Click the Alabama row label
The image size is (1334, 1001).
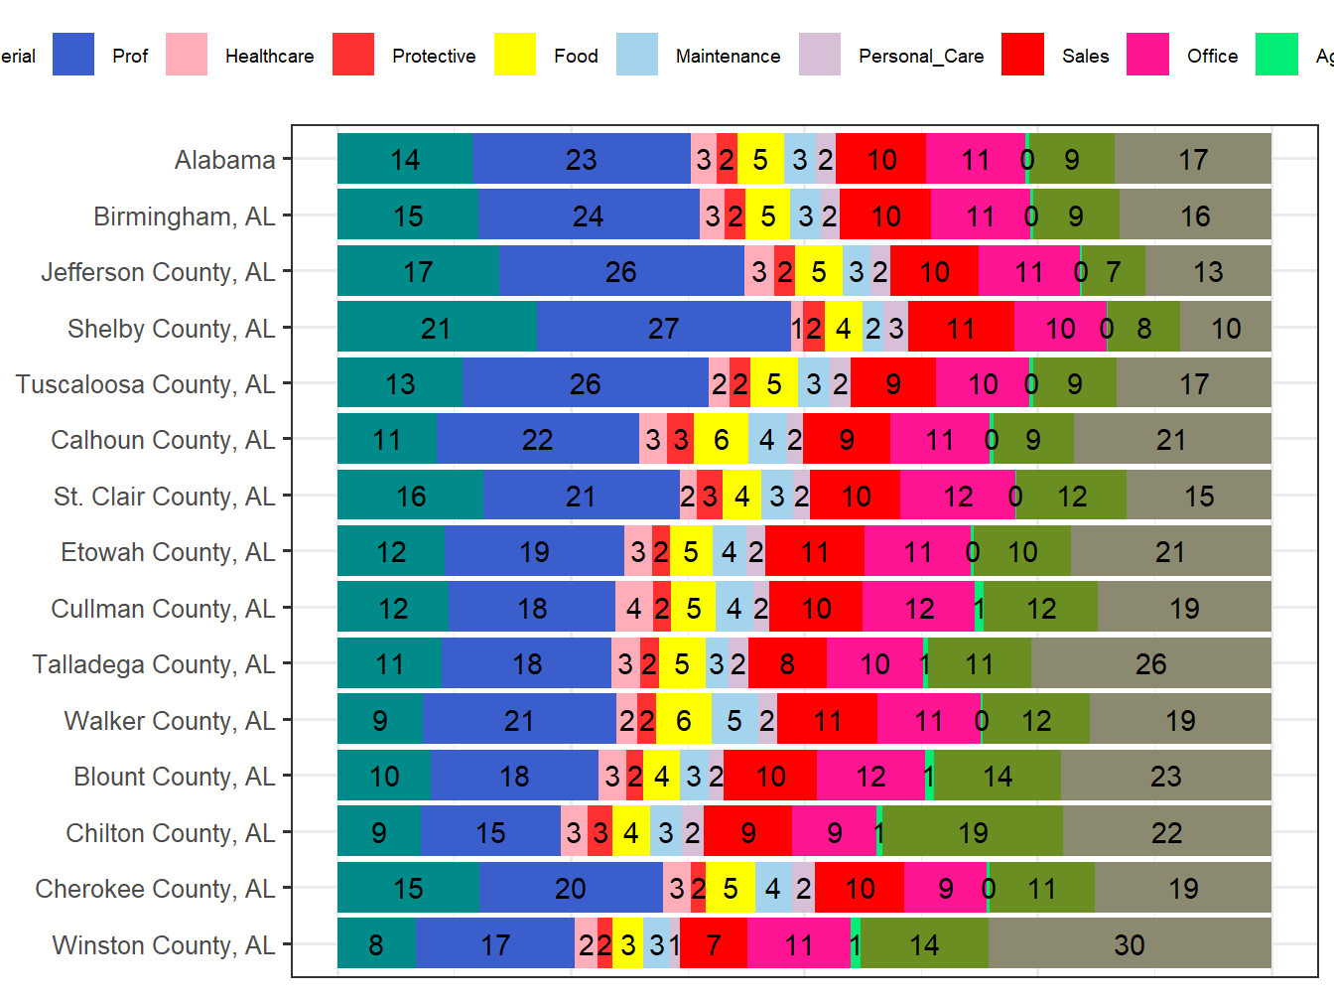click(x=224, y=160)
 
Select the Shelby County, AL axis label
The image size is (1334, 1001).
click(x=171, y=329)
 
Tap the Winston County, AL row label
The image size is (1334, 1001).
click(x=163, y=945)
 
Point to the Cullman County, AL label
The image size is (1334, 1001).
click(x=163, y=609)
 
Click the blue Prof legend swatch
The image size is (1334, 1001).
click(x=73, y=55)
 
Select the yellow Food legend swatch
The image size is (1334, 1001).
click(x=514, y=55)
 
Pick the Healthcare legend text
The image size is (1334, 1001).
click(x=269, y=57)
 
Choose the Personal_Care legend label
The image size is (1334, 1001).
click(x=921, y=57)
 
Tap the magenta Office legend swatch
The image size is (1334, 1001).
click(x=1147, y=55)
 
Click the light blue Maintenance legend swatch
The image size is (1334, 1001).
click(x=637, y=55)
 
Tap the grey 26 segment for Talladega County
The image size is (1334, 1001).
click(x=1151, y=663)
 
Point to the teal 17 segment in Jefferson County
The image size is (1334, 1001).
click(x=418, y=271)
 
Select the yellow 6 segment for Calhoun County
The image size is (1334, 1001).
click(x=721, y=439)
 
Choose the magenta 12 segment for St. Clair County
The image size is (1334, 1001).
click(x=957, y=496)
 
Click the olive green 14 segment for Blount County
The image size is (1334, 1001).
click(x=998, y=776)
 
